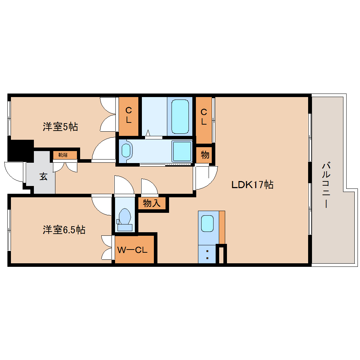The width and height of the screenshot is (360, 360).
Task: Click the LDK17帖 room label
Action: click(252, 184)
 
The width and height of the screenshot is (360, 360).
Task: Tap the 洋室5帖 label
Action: click(60, 127)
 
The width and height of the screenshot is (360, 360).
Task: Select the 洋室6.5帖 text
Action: click(64, 230)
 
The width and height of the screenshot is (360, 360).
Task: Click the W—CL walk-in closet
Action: click(134, 250)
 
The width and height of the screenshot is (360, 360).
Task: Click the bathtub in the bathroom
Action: click(180, 116)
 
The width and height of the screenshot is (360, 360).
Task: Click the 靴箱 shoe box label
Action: click(65, 155)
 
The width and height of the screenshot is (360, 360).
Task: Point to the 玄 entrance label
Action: click(43, 176)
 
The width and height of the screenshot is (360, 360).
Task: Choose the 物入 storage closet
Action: click(152, 203)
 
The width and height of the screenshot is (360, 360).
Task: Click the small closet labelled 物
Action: click(205, 155)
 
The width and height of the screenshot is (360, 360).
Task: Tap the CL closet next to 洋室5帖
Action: click(128, 115)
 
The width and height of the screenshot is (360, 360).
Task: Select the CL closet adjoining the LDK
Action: click(204, 117)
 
